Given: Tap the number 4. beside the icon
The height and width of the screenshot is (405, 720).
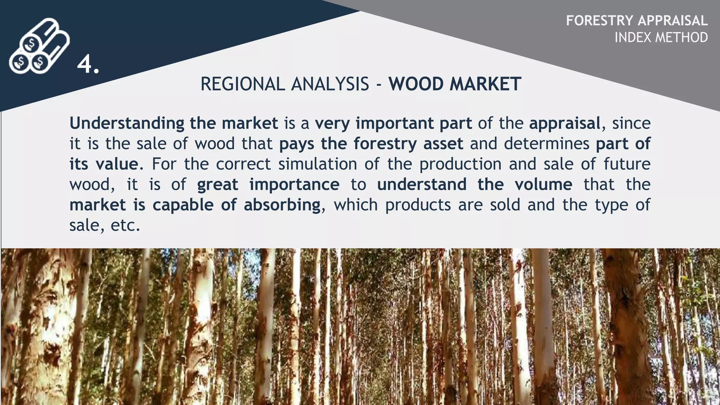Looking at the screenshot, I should point(88,65).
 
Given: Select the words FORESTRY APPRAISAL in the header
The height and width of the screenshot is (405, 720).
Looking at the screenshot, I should point(637,21).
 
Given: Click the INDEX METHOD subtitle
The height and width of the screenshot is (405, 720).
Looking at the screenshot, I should point(661,37).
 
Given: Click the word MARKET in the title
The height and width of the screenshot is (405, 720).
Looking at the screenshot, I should point(485,84).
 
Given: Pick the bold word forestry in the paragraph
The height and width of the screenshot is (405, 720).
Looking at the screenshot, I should point(385,144).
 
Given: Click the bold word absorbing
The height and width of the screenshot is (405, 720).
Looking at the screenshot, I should point(282,205).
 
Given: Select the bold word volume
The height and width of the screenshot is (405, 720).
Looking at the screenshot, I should point(544,185).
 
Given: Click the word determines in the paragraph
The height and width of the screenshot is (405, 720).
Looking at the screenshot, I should point(546,144).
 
